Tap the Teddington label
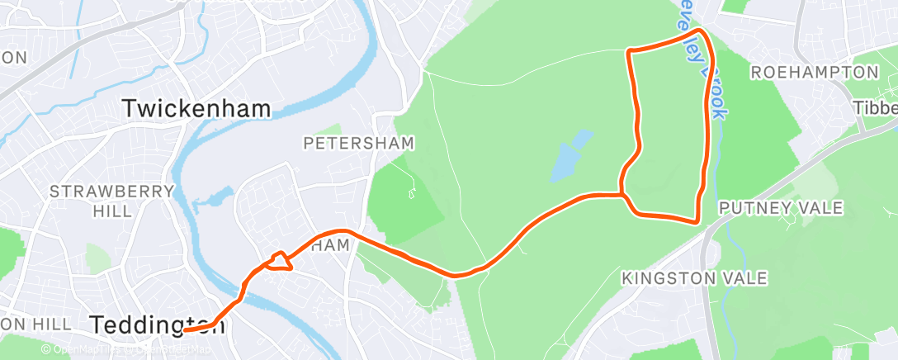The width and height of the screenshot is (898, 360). [157, 324]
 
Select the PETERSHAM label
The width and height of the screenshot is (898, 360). [358, 144]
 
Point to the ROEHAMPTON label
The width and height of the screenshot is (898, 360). [814, 73]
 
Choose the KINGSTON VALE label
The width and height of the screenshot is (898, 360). [695, 277]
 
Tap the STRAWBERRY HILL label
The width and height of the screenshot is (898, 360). [112, 201]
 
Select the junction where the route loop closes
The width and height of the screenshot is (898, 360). [622, 195]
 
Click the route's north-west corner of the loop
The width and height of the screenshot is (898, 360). [631, 53]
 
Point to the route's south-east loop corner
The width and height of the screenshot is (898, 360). [697, 220]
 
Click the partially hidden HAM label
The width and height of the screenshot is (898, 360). [337, 245]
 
